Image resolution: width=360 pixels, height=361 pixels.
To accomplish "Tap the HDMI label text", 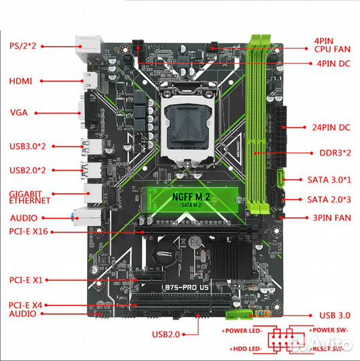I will [20, 81].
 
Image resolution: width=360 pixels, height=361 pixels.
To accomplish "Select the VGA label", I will [19, 112].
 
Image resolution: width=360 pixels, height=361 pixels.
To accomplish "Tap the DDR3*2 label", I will [325, 153].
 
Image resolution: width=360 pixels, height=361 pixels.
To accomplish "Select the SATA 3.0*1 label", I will [329, 178].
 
